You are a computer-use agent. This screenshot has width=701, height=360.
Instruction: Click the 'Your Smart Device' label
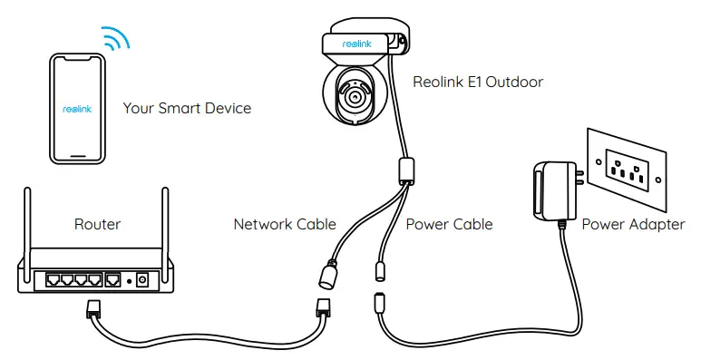point(187,108)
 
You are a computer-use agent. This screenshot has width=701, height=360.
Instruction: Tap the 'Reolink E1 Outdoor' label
point(478,83)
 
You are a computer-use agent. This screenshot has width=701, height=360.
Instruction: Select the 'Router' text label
point(97,223)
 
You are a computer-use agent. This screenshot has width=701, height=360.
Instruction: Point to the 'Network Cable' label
point(285,223)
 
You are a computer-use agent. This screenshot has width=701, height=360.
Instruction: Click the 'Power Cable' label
point(449,223)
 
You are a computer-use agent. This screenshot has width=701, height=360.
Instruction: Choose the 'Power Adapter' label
point(633,223)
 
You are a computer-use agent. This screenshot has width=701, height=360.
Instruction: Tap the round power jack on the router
point(142,280)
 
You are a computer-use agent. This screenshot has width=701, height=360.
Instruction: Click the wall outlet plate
point(627,167)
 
